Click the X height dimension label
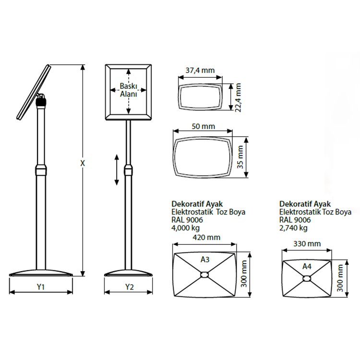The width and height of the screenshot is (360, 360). [x=83, y=163]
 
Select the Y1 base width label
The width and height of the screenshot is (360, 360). [x=41, y=287]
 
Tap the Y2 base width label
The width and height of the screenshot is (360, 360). [x=129, y=287]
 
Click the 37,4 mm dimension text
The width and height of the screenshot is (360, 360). [x=200, y=70]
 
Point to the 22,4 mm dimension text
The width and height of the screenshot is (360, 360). [x=238, y=97]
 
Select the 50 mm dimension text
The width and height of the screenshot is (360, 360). [x=204, y=126]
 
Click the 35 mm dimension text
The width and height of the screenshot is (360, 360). [x=240, y=157]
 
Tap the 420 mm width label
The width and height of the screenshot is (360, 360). [x=206, y=237]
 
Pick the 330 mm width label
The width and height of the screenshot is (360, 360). [x=307, y=243]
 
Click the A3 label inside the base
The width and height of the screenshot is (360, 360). [x=205, y=259]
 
